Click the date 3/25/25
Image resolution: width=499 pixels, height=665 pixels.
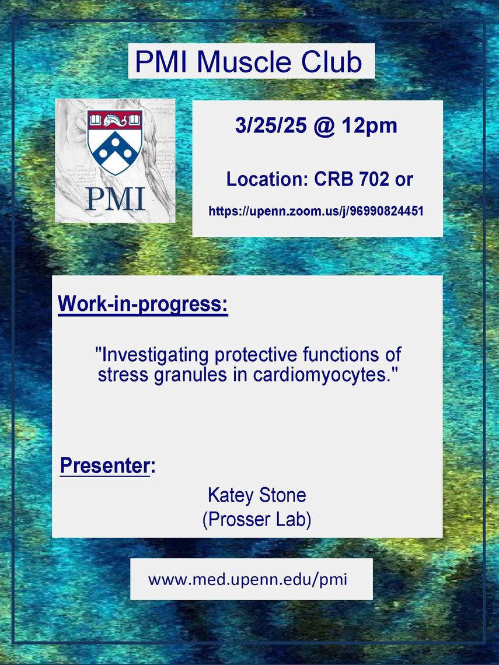(271, 125)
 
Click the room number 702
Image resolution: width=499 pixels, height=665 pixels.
(373, 180)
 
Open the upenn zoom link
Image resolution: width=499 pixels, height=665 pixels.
(316, 211)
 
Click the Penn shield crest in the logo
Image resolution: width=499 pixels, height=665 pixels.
(115, 142)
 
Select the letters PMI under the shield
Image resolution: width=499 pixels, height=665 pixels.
(116, 198)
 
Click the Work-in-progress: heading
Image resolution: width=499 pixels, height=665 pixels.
(143, 304)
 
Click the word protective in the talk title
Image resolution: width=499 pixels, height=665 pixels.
(256, 355)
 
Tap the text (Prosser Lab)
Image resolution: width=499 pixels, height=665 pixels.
(257, 520)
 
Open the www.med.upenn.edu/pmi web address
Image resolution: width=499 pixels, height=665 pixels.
(248, 579)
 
